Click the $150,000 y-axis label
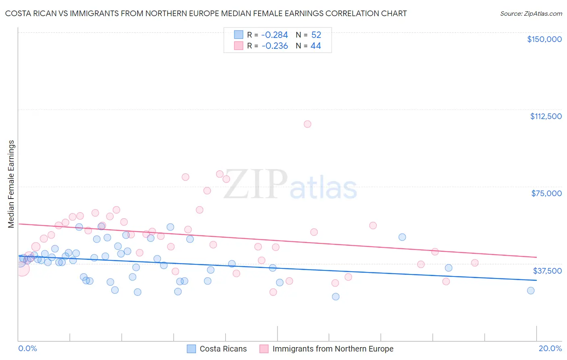tap(544, 39)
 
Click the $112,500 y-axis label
tap(546, 116)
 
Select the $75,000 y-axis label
tap(546, 193)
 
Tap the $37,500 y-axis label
tap(547, 271)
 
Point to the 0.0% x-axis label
tap(27, 348)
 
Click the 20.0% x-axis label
tap(550, 348)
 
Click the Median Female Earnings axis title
tap(11, 184)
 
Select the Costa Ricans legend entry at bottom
tap(223, 349)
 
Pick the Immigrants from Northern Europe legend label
tap(333, 349)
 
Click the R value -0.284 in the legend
tap(275, 35)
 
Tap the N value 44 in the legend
tap(316, 46)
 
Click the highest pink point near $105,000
tap(307, 124)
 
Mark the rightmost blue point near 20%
tap(531, 291)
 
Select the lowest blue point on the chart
tap(336, 297)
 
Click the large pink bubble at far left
tap(22, 269)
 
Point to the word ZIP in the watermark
tap(255, 185)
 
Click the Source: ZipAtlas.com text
tap(531, 14)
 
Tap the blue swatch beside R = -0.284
tap(239, 35)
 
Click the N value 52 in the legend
tap(316, 35)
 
